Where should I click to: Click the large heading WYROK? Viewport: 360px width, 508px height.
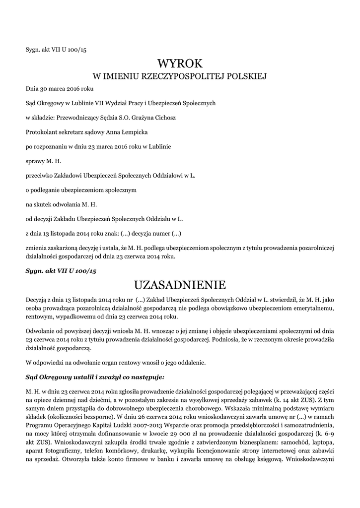click(x=180, y=63)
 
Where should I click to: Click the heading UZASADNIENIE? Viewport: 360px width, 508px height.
click(x=180, y=285)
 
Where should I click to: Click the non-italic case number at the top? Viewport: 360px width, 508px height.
click(x=56, y=49)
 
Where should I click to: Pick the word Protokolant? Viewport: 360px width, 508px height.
click(x=41, y=132)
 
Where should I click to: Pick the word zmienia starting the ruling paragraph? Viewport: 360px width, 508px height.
click(x=37, y=248)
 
